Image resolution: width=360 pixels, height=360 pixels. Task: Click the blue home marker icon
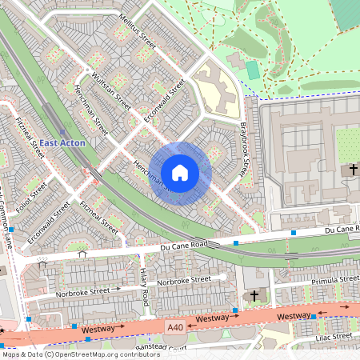[180, 172]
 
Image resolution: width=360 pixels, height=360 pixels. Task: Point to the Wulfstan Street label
[111, 91]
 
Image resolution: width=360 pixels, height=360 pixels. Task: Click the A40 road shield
[175, 326]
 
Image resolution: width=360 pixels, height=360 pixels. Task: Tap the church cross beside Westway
[254, 295]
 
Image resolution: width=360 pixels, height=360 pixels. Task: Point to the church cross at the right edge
[352, 170]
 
